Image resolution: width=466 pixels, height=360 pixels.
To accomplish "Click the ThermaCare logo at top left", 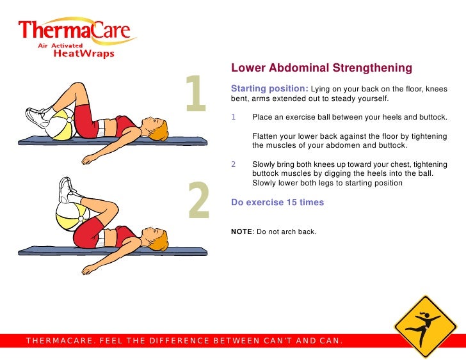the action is (x=77, y=37).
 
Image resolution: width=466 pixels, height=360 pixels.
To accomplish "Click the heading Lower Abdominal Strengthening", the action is (x=321, y=68).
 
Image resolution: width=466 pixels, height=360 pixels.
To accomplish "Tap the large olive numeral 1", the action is (x=196, y=93).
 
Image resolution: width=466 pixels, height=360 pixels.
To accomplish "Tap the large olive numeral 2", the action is (x=199, y=200).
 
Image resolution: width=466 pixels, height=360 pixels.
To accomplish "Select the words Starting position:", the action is (x=269, y=88).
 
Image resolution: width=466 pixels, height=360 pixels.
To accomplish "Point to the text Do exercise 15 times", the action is (x=278, y=202).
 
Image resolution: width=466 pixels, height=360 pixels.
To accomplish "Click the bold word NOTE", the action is (x=241, y=231).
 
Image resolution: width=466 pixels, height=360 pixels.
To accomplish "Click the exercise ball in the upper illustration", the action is (x=62, y=124).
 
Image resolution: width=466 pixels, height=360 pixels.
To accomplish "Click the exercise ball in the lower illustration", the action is (x=72, y=215).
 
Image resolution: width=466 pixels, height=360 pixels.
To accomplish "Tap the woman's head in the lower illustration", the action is (x=156, y=239).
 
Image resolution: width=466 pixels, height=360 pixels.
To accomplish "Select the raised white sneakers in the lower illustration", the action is (x=67, y=190).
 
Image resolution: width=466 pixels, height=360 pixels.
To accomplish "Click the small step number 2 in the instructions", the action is (x=233, y=164).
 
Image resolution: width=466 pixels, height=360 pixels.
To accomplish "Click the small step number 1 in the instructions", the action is (x=233, y=117).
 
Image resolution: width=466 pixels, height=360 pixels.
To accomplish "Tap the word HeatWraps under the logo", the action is (x=84, y=54).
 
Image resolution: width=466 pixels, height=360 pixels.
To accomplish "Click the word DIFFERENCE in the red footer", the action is (x=179, y=340).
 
